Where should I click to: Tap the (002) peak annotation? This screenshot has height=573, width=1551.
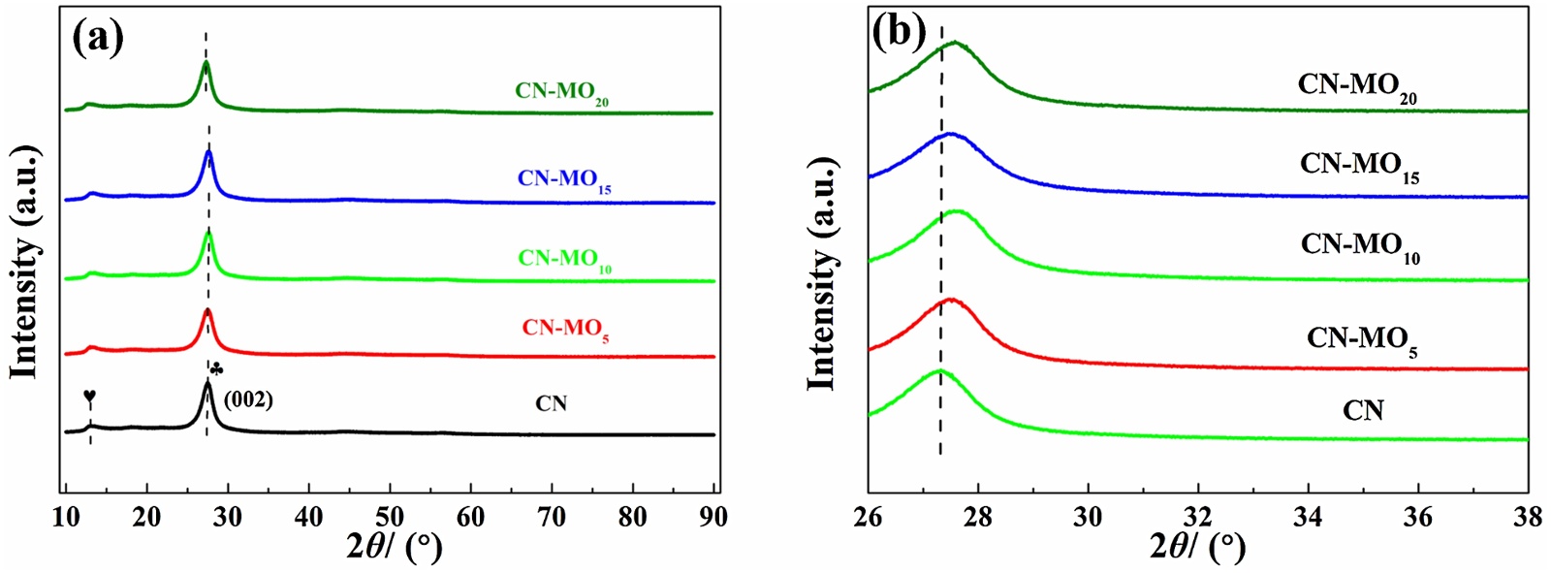coord(248,399)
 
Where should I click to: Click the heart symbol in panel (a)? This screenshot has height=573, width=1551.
coord(90,397)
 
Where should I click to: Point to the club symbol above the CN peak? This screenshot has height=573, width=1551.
coord(216,368)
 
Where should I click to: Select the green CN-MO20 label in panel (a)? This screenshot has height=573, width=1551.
coord(561,92)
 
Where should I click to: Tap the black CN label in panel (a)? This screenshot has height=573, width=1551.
coord(551,403)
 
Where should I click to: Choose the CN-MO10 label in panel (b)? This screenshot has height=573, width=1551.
coord(1360,246)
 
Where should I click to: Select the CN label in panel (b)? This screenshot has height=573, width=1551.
coord(1363,411)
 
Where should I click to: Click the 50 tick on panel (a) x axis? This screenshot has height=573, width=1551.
coord(390,516)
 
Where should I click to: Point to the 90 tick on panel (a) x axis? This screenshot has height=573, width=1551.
coord(713,516)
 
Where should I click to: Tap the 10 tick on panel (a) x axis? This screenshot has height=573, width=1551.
coord(66,516)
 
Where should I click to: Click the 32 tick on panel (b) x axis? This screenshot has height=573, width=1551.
coord(1198,516)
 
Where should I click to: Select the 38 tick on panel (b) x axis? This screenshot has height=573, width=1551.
coord(1527,516)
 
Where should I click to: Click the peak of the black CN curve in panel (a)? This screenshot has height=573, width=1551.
coord(206,383)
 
